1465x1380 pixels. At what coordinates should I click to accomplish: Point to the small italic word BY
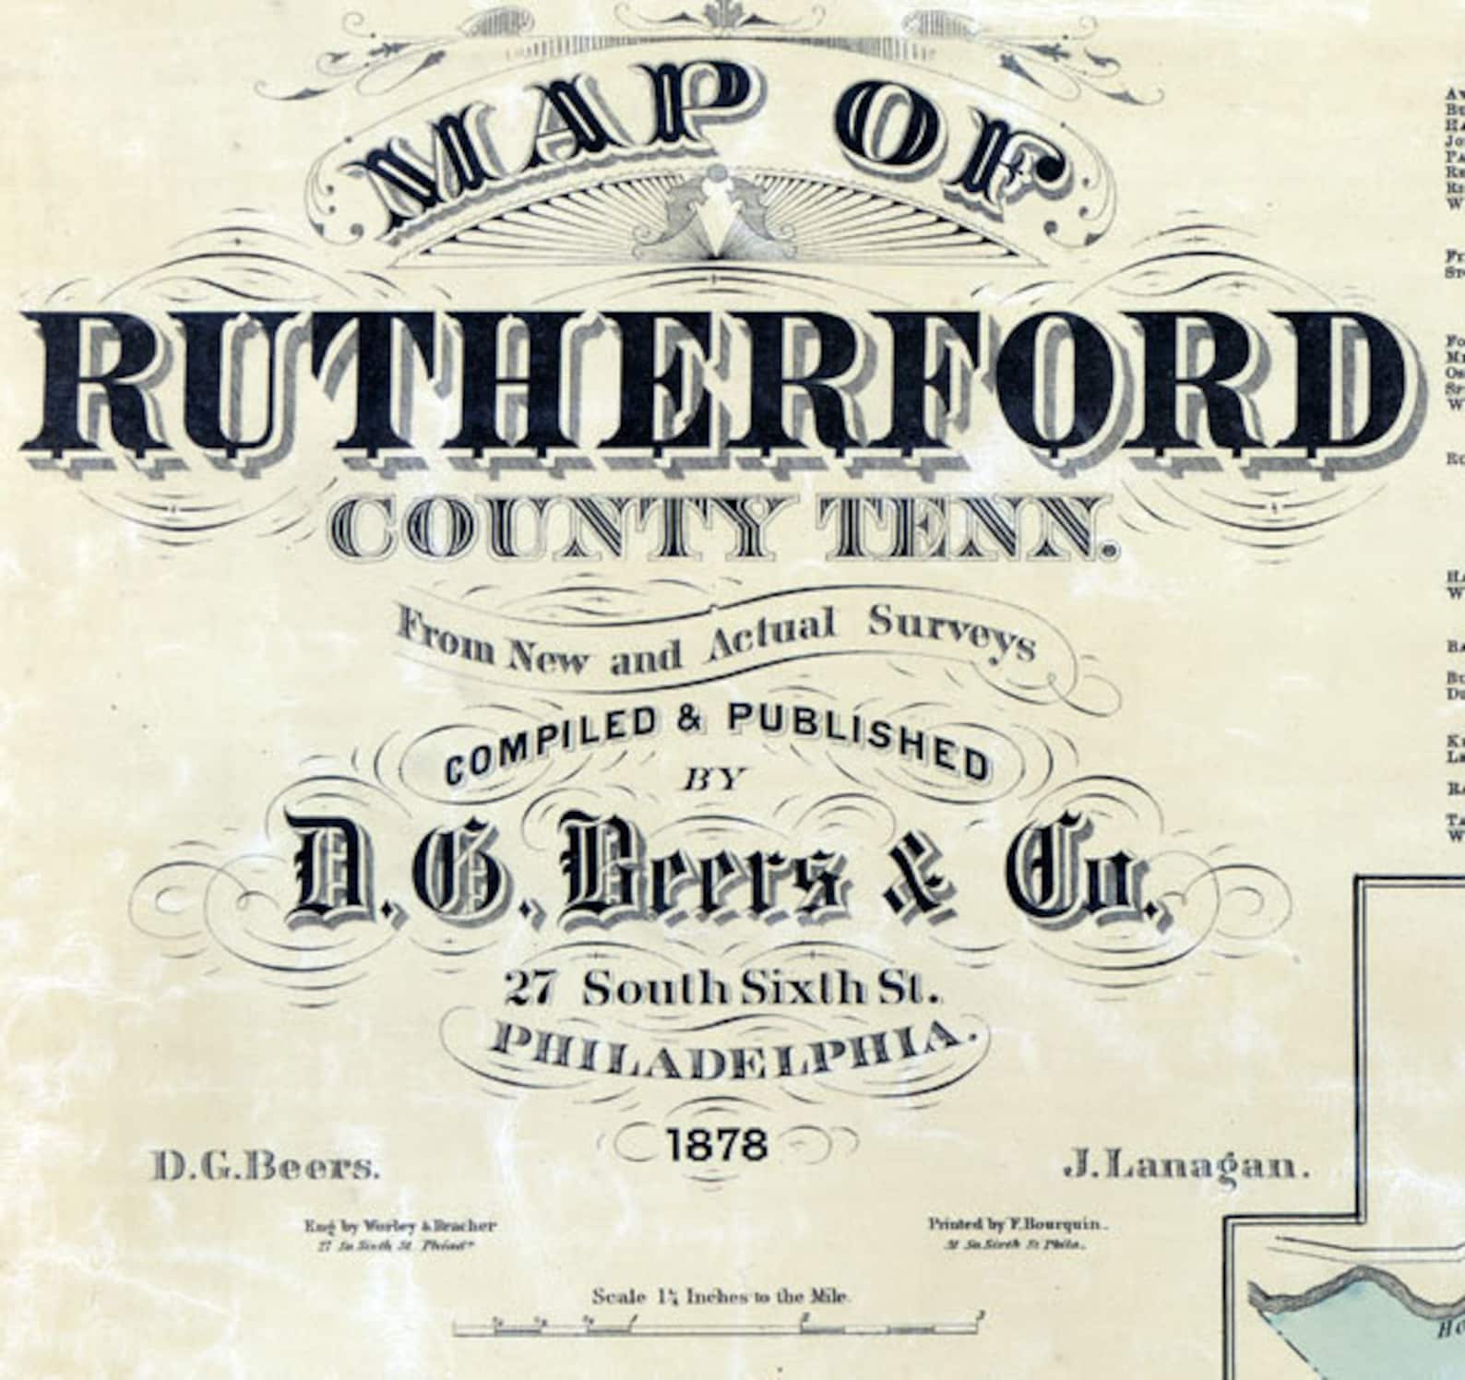(713, 780)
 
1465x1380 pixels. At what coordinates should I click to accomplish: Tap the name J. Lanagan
(1187, 1167)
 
